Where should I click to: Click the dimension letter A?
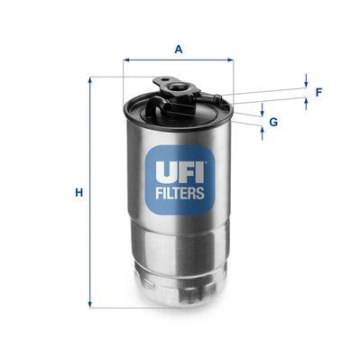click(x=178, y=50)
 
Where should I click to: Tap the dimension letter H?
click(x=78, y=193)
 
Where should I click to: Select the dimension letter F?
click(x=319, y=92)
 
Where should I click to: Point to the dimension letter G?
click(x=273, y=121)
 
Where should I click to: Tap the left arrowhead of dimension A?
click(x=125, y=60)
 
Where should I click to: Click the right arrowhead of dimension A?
click(x=230, y=60)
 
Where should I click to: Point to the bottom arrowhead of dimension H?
click(x=90, y=304)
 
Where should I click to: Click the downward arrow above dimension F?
click(x=306, y=82)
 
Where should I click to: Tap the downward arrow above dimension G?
click(x=263, y=111)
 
